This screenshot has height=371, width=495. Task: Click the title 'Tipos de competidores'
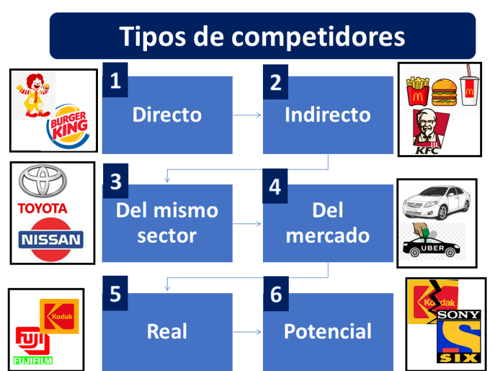pos(262,35)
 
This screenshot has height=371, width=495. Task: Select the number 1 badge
pos(115,81)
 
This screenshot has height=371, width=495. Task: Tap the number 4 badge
pos(276,187)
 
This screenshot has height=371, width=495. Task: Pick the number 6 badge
pos(276,295)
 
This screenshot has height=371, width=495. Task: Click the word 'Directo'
pos(167,115)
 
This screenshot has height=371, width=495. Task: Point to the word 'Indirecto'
pos(327,115)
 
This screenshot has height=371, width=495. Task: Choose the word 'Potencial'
pos(327,331)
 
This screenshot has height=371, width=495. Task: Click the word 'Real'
pos(167,331)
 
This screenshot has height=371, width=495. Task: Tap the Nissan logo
pos(52,239)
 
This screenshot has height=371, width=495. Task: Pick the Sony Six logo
pos(458,335)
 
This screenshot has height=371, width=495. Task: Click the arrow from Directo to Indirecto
pos(247,115)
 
